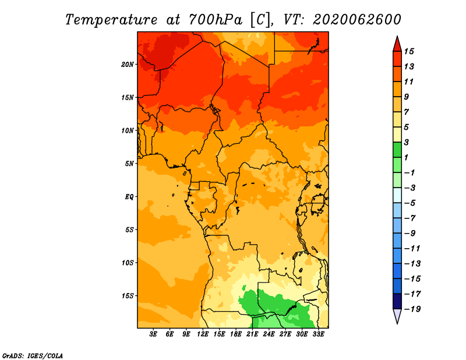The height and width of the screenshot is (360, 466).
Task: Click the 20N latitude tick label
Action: [x=128, y=65]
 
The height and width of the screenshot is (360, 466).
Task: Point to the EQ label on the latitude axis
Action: [x=129, y=197]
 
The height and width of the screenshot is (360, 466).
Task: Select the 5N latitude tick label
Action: [x=129, y=164]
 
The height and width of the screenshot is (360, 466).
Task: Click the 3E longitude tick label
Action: [x=153, y=334]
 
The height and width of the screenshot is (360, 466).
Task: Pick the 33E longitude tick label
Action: [x=318, y=334]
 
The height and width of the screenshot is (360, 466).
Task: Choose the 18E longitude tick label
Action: [x=236, y=334]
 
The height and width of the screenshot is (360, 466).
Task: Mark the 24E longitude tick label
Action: [x=269, y=334]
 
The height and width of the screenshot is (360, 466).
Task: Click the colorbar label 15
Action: [x=409, y=51]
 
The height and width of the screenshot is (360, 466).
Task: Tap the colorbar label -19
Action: [x=412, y=309]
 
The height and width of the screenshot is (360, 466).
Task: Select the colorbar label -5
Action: [x=410, y=203]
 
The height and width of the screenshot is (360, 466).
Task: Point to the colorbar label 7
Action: [x=407, y=112]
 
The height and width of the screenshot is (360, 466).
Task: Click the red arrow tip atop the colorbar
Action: [x=397, y=36]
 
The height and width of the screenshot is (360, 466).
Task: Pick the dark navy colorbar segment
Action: [x=397, y=301]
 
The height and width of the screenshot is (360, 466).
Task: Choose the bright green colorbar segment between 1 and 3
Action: [x=397, y=150]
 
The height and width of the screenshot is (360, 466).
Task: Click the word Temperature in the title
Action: [x=111, y=20]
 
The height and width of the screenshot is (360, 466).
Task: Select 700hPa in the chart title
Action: [x=215, y=20]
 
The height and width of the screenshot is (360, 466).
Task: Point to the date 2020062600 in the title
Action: [x=357, y=20]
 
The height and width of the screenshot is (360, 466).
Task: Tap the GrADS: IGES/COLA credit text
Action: [x=33, y=356]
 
